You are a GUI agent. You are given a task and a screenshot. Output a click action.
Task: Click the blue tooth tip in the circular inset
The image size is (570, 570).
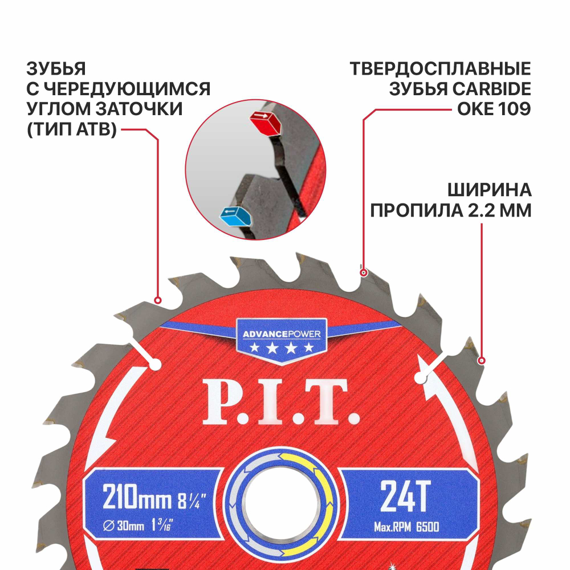tap(234, 216)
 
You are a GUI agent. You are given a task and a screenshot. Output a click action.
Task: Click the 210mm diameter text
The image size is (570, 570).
tap(137, 500)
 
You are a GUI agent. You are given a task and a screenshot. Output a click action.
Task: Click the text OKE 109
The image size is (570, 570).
tap(494, 108)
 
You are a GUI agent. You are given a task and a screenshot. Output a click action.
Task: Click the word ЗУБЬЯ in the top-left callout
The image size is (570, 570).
tap(56, 70)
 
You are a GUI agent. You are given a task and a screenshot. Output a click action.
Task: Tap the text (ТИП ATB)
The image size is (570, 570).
tap(72, 129)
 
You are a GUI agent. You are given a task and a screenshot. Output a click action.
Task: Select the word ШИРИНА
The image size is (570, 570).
tap(489, 190)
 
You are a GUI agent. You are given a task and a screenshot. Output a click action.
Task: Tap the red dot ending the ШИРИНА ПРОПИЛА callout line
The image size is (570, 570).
tap(482, 360)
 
